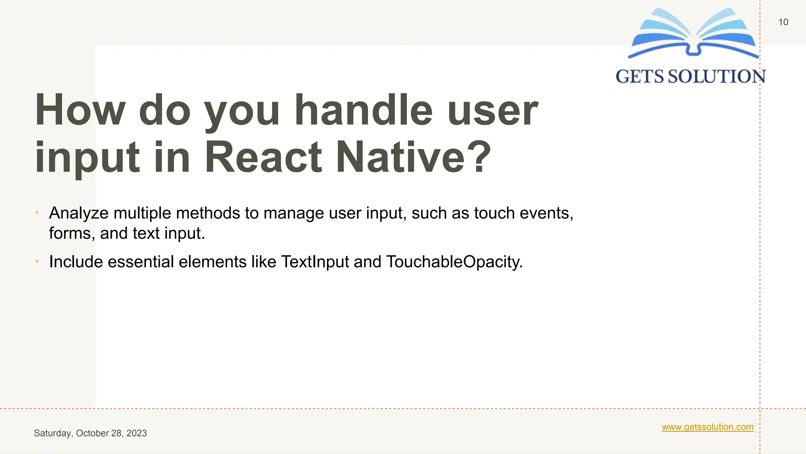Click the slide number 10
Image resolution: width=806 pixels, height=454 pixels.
(783, 22)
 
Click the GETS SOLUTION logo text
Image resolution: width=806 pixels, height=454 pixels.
(691, 76)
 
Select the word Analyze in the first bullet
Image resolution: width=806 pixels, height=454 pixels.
(79, 213)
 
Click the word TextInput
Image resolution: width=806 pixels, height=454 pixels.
(315, 262)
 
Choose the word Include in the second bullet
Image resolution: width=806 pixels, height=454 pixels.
(76, 262)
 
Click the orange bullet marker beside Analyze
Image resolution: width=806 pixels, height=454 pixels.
(37, 213)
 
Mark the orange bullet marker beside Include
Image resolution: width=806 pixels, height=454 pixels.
(37, 261)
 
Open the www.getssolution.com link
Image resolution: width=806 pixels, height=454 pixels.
(707, 427)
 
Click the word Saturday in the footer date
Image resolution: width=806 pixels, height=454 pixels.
(53, 433)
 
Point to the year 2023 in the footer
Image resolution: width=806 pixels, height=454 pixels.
(137, 433)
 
